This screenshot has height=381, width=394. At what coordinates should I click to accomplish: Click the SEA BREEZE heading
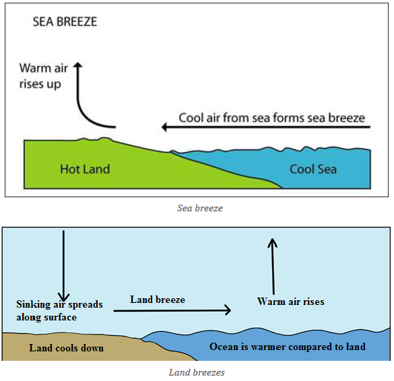[65, 22]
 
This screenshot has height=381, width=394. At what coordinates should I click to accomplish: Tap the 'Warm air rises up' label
[44, 76]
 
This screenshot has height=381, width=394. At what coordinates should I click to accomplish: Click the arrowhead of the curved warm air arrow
[78, 65]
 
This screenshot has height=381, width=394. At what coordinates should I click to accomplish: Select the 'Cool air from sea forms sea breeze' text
[271, 118]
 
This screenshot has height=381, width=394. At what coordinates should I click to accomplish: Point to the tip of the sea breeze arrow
[162, 127]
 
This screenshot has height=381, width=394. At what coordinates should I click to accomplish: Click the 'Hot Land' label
[85, 169]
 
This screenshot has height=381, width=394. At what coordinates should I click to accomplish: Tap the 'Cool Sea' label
[313, 169]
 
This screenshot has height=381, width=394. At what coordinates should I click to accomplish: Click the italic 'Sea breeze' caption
[200, 208]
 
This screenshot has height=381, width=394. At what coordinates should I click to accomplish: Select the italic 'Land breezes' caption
[197, 372]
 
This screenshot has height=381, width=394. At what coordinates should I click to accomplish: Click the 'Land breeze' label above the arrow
[158, 300]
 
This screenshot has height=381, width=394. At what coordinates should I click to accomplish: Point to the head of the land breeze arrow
[230, 310]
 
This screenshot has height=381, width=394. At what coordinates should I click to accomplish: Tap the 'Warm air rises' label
[291, 302]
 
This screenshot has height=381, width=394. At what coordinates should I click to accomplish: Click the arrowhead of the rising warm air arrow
[272, 240]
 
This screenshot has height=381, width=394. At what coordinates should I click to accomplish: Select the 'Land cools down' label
[66, 348]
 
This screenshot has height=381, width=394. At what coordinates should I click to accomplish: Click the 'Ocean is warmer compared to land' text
[288, 347]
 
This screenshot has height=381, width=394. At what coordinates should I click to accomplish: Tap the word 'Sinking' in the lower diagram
[34, 305]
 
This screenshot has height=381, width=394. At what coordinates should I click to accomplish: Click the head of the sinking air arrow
[63, 301]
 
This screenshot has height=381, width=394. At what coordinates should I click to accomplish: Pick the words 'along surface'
[46, 317]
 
